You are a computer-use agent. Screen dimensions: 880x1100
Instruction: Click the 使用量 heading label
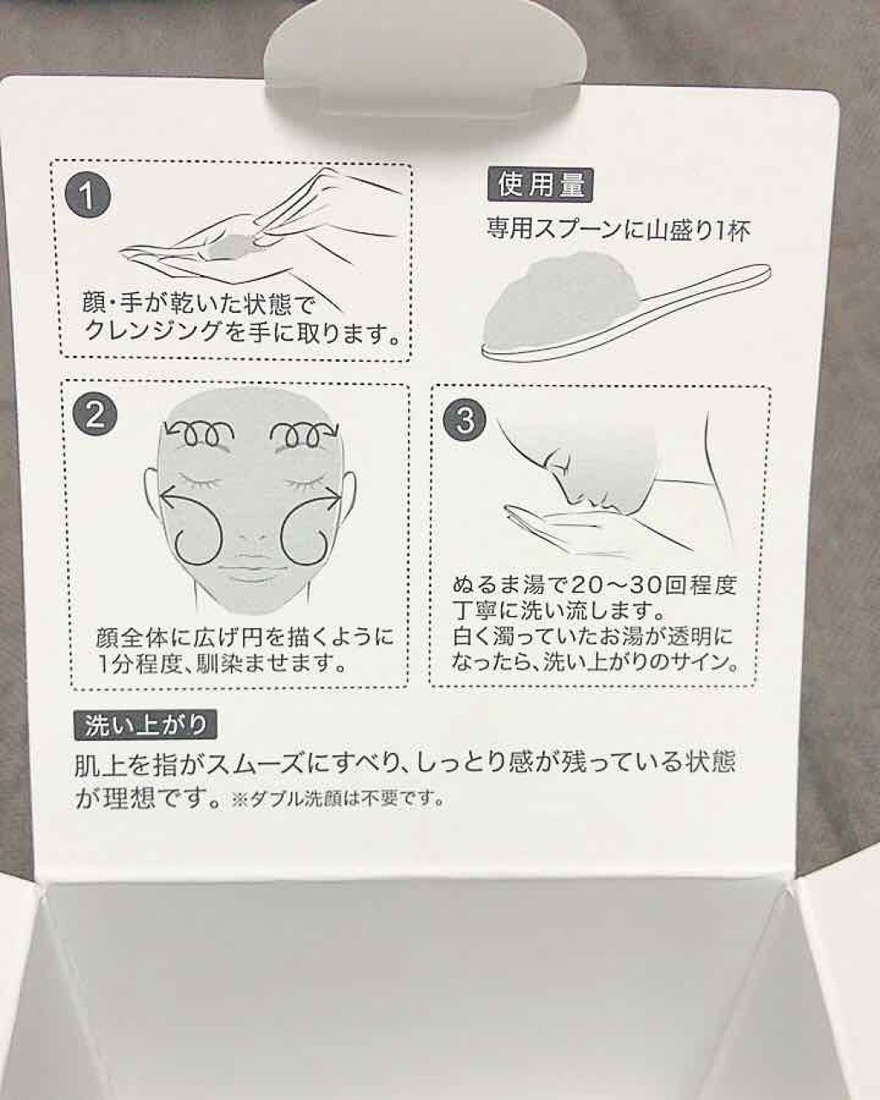(541, 185)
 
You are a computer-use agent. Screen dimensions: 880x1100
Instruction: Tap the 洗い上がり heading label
(146, 726)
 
